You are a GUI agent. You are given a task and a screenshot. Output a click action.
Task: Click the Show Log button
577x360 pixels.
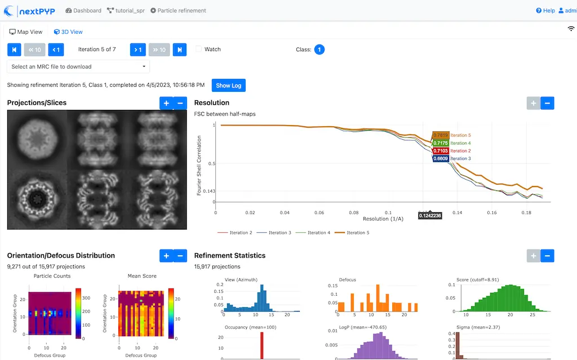click(x=228, y=85)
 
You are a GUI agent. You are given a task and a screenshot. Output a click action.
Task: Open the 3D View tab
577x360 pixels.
click(x=68, y=32)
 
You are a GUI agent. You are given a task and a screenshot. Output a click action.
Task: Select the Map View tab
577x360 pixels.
click(x=26, y=32)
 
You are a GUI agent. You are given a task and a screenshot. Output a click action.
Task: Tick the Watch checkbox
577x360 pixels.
click(x=198, y=50)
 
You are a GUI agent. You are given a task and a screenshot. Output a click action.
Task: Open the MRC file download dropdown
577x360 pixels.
click(x=78, y=66)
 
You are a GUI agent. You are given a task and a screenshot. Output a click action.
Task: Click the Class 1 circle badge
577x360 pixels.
click(x=319, y=50)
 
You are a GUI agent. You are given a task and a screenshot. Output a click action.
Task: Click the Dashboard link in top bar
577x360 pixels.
click(x=83, y=10)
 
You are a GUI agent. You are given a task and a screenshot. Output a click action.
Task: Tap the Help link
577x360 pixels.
click(x=545, y=10)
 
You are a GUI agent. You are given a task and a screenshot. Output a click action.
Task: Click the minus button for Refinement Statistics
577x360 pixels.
click(x=547, y=256)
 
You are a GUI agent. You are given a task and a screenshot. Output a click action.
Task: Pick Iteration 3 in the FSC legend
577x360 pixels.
click(x=279, y=233)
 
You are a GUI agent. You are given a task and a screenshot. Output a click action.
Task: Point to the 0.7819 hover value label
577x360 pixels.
click(x=440, y=135)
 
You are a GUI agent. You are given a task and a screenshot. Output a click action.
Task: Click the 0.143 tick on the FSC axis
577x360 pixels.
click(x=208, y=191)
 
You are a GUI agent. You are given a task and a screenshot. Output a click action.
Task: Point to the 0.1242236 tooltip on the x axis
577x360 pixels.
click(x=430, y=215)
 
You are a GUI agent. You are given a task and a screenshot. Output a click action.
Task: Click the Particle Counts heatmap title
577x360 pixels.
click(x=52, y=276)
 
